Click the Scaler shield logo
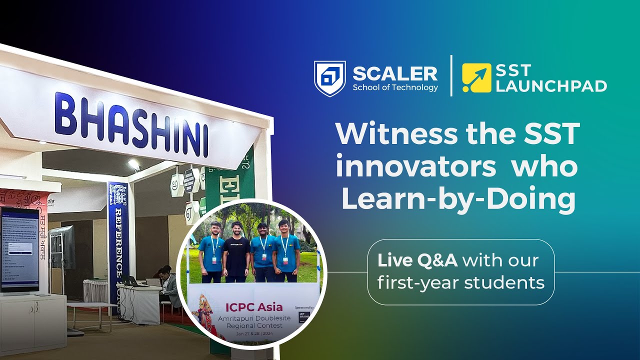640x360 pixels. coord(329,78)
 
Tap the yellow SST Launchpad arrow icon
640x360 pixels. coord(476,78)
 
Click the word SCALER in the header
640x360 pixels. coord(395,73)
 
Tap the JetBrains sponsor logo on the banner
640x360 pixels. coord(304,317)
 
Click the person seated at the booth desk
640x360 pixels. coord(168,285)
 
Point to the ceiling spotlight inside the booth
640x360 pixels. coord(134,163)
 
